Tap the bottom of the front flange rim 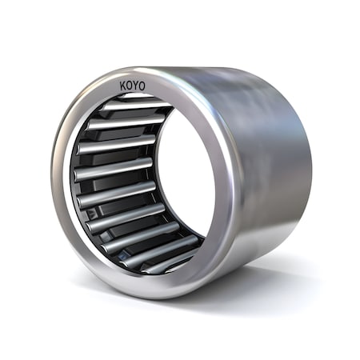click(152, 291)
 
